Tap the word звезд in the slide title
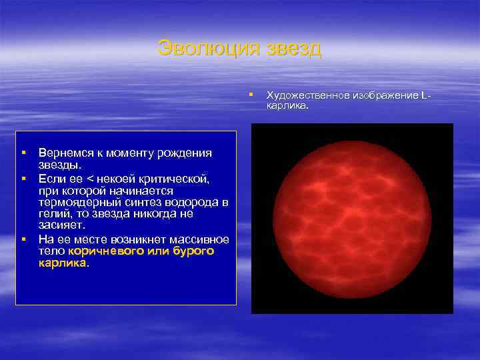(x=293, y=49)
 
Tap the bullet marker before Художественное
(x=251, y=95)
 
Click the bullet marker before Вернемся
(x=23, y=153)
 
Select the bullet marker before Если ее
(x=23, y=179)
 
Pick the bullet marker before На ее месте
(x=23, y=239)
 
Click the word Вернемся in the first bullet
(x=67, y=153)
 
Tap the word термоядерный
(x=74, y=203)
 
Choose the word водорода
(x=195, y=203)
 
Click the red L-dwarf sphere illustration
(x=352, y=218)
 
